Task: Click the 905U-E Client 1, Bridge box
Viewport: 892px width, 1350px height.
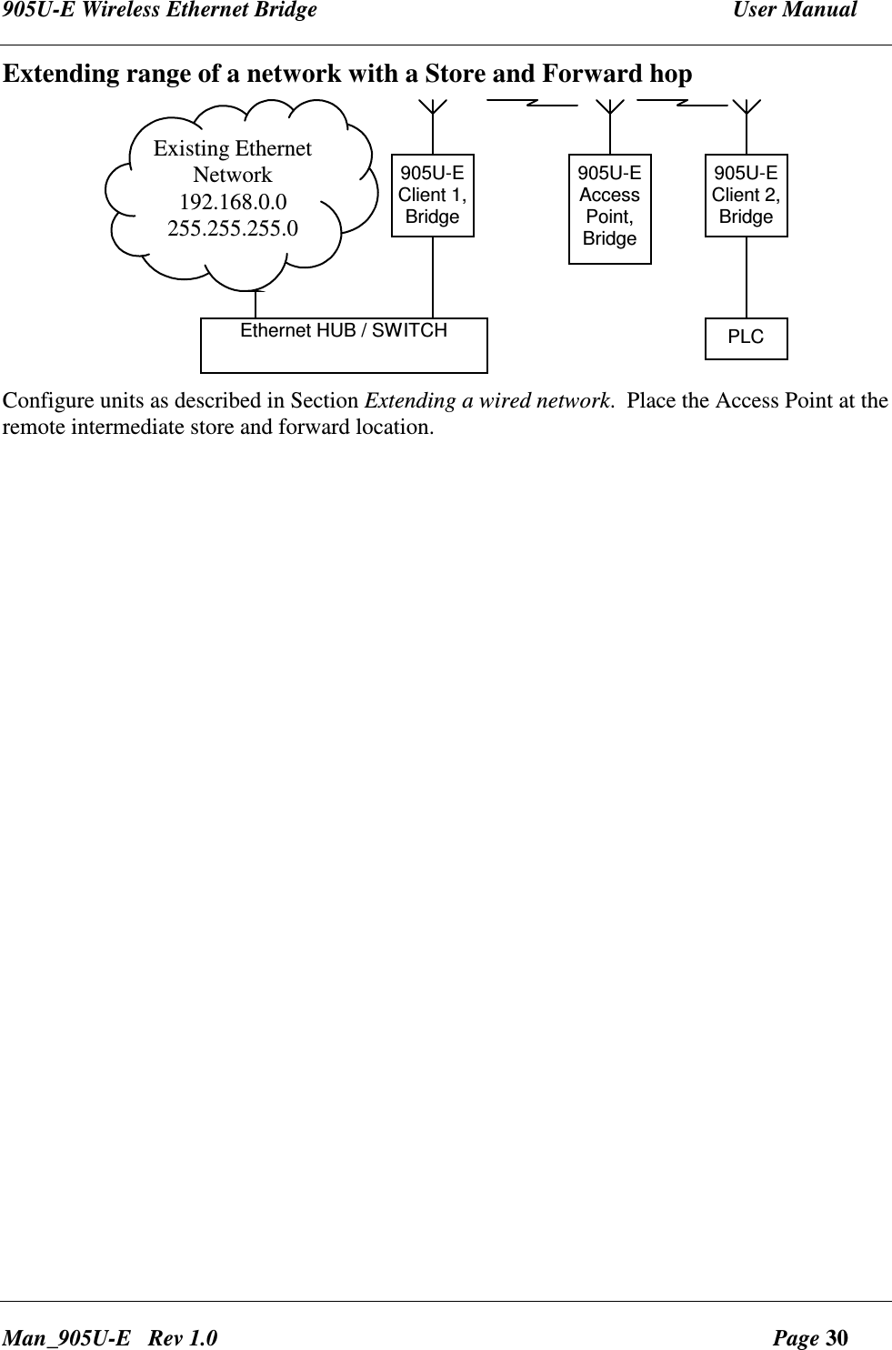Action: [432, 195]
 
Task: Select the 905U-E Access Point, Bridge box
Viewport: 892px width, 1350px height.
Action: [609, 208]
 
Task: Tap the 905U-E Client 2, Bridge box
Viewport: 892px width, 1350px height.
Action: [746, 195]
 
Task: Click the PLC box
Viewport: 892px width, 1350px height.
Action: [746, 337]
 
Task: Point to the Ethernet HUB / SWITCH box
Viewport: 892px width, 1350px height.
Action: [344, 345]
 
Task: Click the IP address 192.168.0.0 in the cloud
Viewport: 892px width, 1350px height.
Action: [233, 200]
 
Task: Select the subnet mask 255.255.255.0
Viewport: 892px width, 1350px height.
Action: [233, 227]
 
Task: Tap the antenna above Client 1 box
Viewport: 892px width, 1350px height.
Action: [433, 107]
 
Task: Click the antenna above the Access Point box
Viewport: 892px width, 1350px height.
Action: [610, 107]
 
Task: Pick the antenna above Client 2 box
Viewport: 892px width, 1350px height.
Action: [747, 107]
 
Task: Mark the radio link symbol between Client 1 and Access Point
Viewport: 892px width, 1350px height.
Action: [533, 99]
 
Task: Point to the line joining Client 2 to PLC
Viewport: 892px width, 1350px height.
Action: [747, 277]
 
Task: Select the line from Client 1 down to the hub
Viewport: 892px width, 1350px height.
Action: [433, 277]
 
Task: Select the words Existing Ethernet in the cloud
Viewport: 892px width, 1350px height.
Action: [233, 148]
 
